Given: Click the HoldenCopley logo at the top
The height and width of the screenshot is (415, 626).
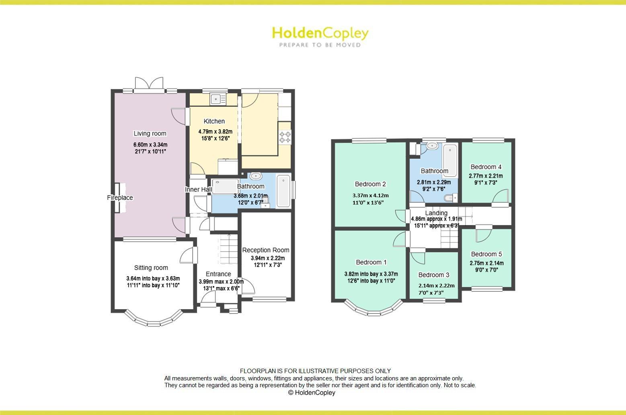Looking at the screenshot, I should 320,36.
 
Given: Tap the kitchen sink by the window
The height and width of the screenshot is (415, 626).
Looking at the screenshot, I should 218,98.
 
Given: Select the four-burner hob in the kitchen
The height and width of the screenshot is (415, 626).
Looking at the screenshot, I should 285,137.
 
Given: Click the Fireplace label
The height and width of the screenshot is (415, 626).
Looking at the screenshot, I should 120,198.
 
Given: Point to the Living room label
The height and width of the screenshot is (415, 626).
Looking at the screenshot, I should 150,134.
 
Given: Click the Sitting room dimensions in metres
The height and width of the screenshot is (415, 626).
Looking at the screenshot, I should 153,279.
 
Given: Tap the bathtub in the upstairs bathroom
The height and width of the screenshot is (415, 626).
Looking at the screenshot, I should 450,160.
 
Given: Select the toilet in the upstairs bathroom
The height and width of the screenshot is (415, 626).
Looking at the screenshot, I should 451,198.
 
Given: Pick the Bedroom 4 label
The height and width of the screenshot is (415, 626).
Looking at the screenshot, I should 486,167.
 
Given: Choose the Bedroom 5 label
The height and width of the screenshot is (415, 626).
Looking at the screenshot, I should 486,254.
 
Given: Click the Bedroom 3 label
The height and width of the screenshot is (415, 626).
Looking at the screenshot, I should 433,275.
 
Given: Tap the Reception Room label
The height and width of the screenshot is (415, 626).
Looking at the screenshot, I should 266,250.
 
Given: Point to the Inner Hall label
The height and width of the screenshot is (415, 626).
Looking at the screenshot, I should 198,190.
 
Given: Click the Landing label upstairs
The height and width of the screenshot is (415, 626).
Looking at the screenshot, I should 436,213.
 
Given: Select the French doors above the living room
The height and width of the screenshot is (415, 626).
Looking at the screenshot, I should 149,84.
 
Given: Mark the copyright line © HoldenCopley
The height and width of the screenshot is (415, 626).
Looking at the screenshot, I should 312,392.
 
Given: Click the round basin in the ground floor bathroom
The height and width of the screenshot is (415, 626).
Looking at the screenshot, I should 256,176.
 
